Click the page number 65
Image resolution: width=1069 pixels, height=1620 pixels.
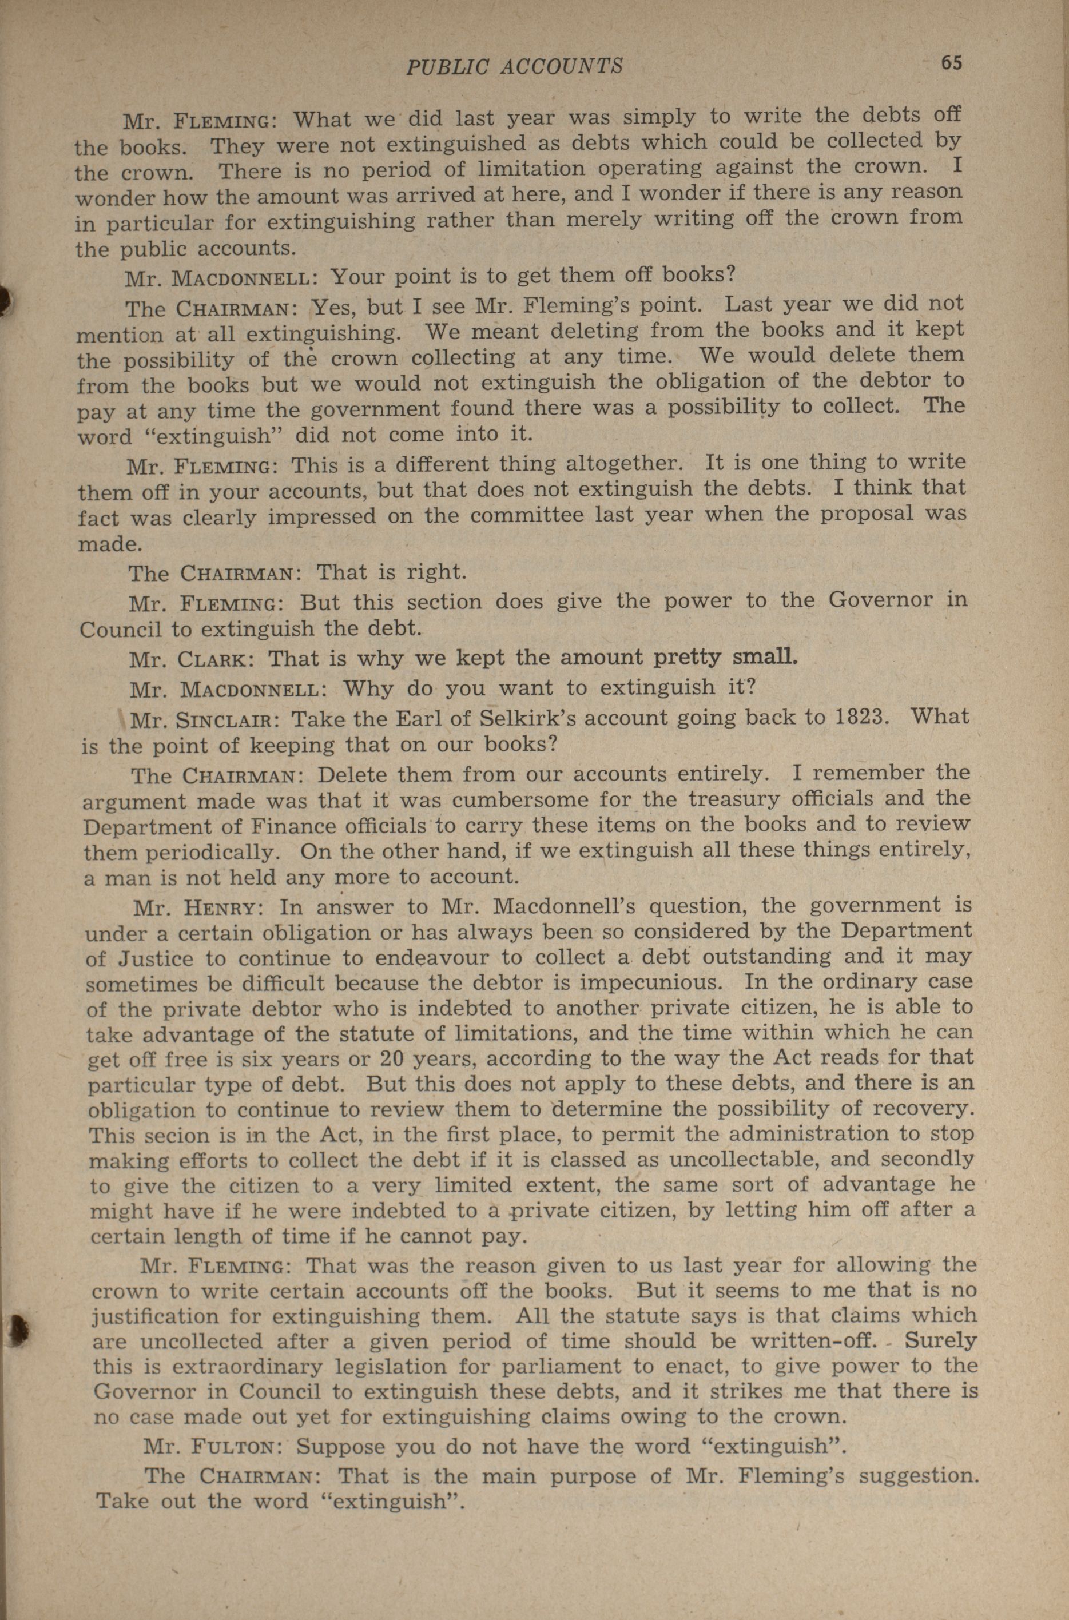(951, 63)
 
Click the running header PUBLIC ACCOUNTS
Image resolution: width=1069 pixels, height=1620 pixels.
(514, 66)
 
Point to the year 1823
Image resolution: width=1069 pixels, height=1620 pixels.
(863, 717)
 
